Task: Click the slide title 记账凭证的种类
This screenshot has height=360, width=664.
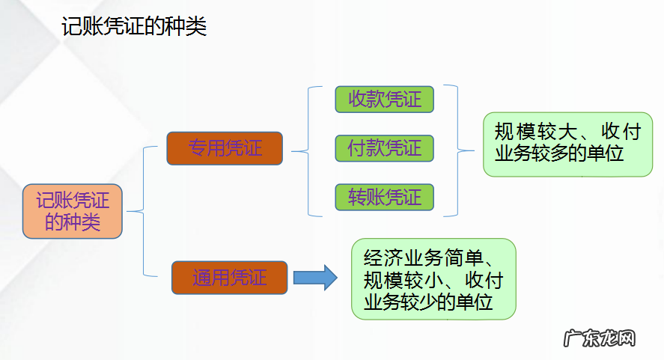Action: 134,28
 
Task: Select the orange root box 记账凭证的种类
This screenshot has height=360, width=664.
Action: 72,211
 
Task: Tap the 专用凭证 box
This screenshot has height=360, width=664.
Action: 225,148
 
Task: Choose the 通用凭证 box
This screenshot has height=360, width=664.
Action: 229,277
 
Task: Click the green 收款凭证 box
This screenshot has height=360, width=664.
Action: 385,100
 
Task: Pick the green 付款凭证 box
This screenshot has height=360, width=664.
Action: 385,148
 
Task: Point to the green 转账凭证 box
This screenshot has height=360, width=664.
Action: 385,197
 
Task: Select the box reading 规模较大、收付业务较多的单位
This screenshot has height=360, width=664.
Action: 567,144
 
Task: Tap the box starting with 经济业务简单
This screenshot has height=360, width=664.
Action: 433,279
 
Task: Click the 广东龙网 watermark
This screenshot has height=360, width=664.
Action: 599,338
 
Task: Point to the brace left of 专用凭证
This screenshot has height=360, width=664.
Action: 143,212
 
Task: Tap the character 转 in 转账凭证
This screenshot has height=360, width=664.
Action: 357,197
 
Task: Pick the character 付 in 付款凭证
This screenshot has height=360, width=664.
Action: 357,148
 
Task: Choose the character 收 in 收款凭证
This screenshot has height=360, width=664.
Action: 357,100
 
